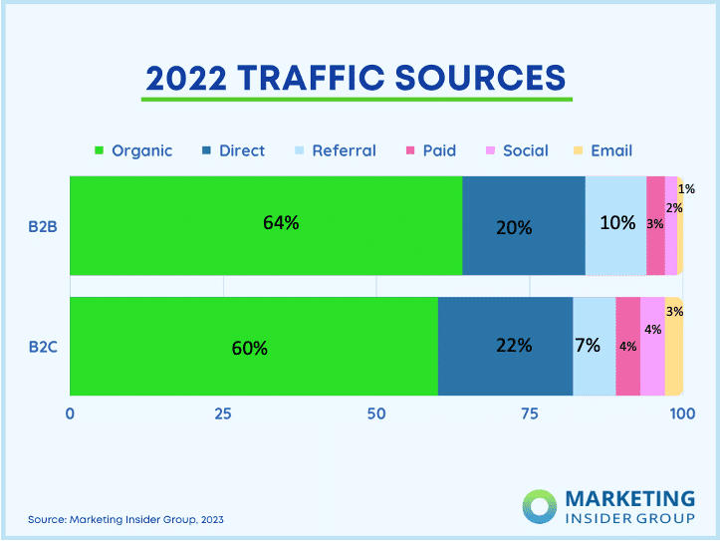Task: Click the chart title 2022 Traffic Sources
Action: pos(357,77)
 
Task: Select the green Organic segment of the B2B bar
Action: pos(265,225)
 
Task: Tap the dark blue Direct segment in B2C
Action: pos(505,346)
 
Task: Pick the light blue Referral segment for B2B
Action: pos(615,225)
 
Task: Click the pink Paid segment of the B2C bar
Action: pos(627,346)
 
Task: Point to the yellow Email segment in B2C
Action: pos(673,346)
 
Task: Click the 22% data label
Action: pos(514,346)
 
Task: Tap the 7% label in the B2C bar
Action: pos(588,346)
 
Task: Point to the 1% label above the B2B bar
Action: pos(686,188)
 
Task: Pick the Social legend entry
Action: pos(515,151)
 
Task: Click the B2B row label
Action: pos(43,226)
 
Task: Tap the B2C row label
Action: pos(43,347)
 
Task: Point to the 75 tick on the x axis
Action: pos(529,413)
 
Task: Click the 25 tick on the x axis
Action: pos(223,413)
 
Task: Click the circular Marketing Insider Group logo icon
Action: pos(542,505)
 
